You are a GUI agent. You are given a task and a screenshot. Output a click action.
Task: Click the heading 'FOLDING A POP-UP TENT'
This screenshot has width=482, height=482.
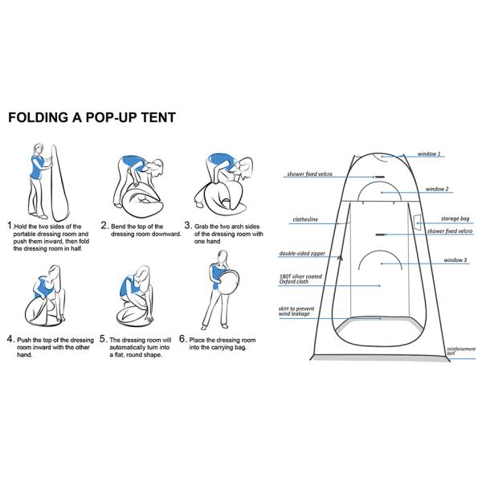click(x=92, y=118)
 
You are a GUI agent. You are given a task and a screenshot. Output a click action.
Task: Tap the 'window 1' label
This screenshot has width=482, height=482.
click(x=428, y=153)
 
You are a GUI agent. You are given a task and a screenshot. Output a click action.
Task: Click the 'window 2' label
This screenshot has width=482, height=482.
click(x=436, y=189)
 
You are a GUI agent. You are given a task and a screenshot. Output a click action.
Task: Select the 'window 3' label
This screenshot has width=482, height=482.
click(x=454, y=260)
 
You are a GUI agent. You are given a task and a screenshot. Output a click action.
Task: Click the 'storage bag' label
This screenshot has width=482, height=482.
click(x=455, y=219)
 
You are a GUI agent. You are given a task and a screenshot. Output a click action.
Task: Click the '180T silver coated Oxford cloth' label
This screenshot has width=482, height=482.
click(x=300, y=280)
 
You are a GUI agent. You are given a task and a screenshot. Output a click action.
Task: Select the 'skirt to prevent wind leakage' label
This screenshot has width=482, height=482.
click(x=300, y=312)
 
